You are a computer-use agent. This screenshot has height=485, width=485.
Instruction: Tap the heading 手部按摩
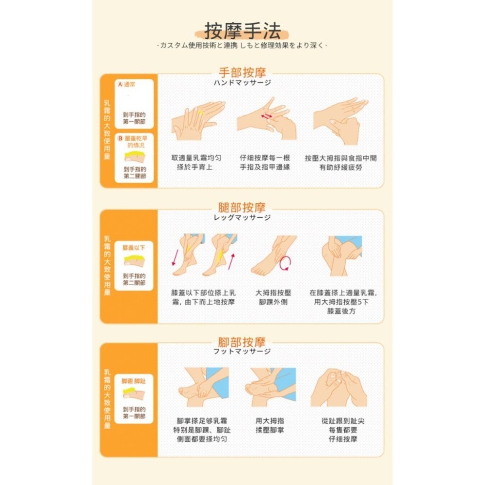pyautogui.click(x=242, y=73)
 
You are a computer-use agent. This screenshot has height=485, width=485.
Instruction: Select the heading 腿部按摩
pyautogui.click(x=242, y=208)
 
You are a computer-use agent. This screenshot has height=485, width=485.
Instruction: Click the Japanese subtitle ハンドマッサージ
pyautogui.click(x=242, y=83)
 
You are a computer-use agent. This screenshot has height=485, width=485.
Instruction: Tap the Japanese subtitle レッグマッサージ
pyautogui.click(x=242, y=218)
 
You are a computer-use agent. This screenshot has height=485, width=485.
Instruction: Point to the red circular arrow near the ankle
pyautogui.click(x=286, y=263)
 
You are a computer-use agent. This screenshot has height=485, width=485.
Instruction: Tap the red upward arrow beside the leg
pyautogui.click(x=231, y=260)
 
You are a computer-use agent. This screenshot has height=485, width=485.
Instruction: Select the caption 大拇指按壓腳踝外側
pyautogui.click(x=274, y=297)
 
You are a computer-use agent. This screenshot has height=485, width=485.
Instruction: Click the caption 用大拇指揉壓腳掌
pyautogui.click(x=270, y=425)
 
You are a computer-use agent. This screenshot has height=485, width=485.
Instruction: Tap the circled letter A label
pyautogui.click(x=119, y=84)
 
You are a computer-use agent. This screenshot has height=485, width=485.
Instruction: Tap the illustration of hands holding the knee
pyautogui.click(x=341, y=256)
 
